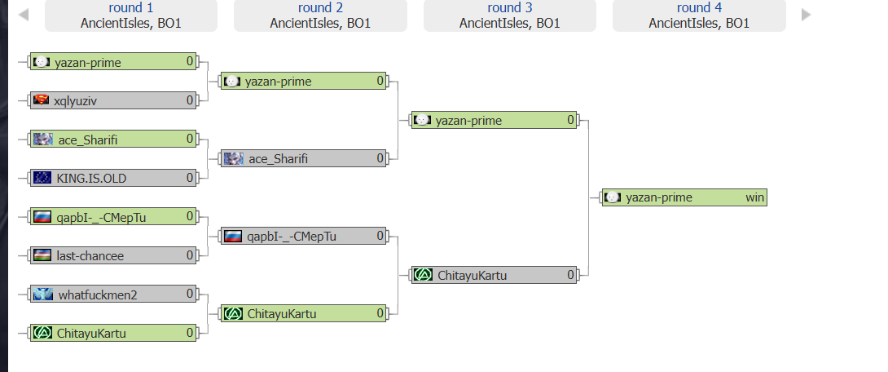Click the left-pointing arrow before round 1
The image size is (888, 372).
click(24, 14)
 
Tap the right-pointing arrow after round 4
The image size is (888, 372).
click(807, 14)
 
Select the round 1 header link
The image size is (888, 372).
click(131, 8)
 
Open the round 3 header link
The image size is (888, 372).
click(510, 8)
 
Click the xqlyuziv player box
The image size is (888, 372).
click(113, 101)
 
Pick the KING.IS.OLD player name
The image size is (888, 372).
click(91, 179)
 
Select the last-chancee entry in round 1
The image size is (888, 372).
click(113, 256)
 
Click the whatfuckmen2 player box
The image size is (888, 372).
click(113, 294)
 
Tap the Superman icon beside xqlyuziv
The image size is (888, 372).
click(41, 100)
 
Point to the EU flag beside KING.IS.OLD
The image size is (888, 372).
click(42, 178)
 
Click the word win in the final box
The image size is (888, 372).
click(755, 197)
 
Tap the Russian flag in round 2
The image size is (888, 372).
click(232, 236)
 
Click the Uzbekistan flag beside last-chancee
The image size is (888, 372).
click(42, 255)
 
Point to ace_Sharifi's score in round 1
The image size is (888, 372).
click(191, 139)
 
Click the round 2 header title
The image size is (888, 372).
click(320, 8)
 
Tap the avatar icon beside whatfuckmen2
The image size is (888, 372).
click(42, 294)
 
